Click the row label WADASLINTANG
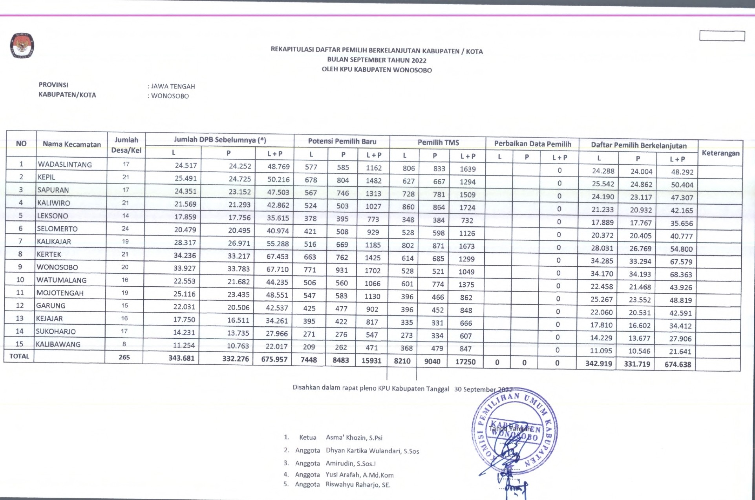65,165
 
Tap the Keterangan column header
720,153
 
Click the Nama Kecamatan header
71,144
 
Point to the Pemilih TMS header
438,142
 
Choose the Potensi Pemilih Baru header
342,141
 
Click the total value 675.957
274,359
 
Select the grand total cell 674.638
678,364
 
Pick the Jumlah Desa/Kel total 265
124,357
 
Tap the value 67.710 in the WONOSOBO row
278,269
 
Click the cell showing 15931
371,360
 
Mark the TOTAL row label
19,356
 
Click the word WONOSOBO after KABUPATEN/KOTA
170,96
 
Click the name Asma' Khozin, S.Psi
354,438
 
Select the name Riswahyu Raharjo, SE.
358,485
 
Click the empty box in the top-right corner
722,36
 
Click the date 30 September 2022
483,389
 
